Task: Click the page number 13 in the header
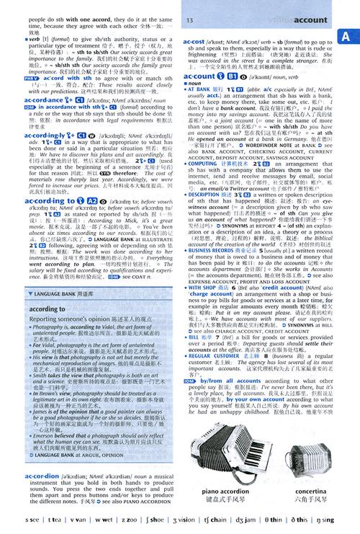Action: pos(189,19)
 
